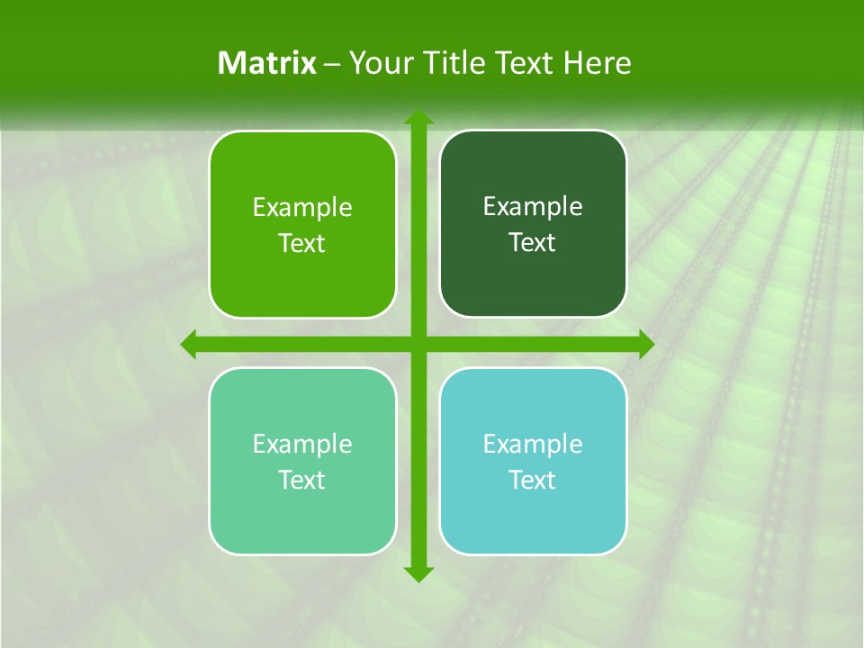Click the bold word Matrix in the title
[266, 63]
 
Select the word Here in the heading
[598, 63]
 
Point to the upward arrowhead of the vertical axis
[418, 118]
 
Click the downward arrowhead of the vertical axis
[418, 573]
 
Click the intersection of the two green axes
[418, 344]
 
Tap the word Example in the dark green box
[533, 207]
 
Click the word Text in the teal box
[533, 481]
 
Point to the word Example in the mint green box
[302, 445]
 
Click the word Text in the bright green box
[302, 244]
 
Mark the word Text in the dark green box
[533, 243]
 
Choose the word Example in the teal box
[533, 445]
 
